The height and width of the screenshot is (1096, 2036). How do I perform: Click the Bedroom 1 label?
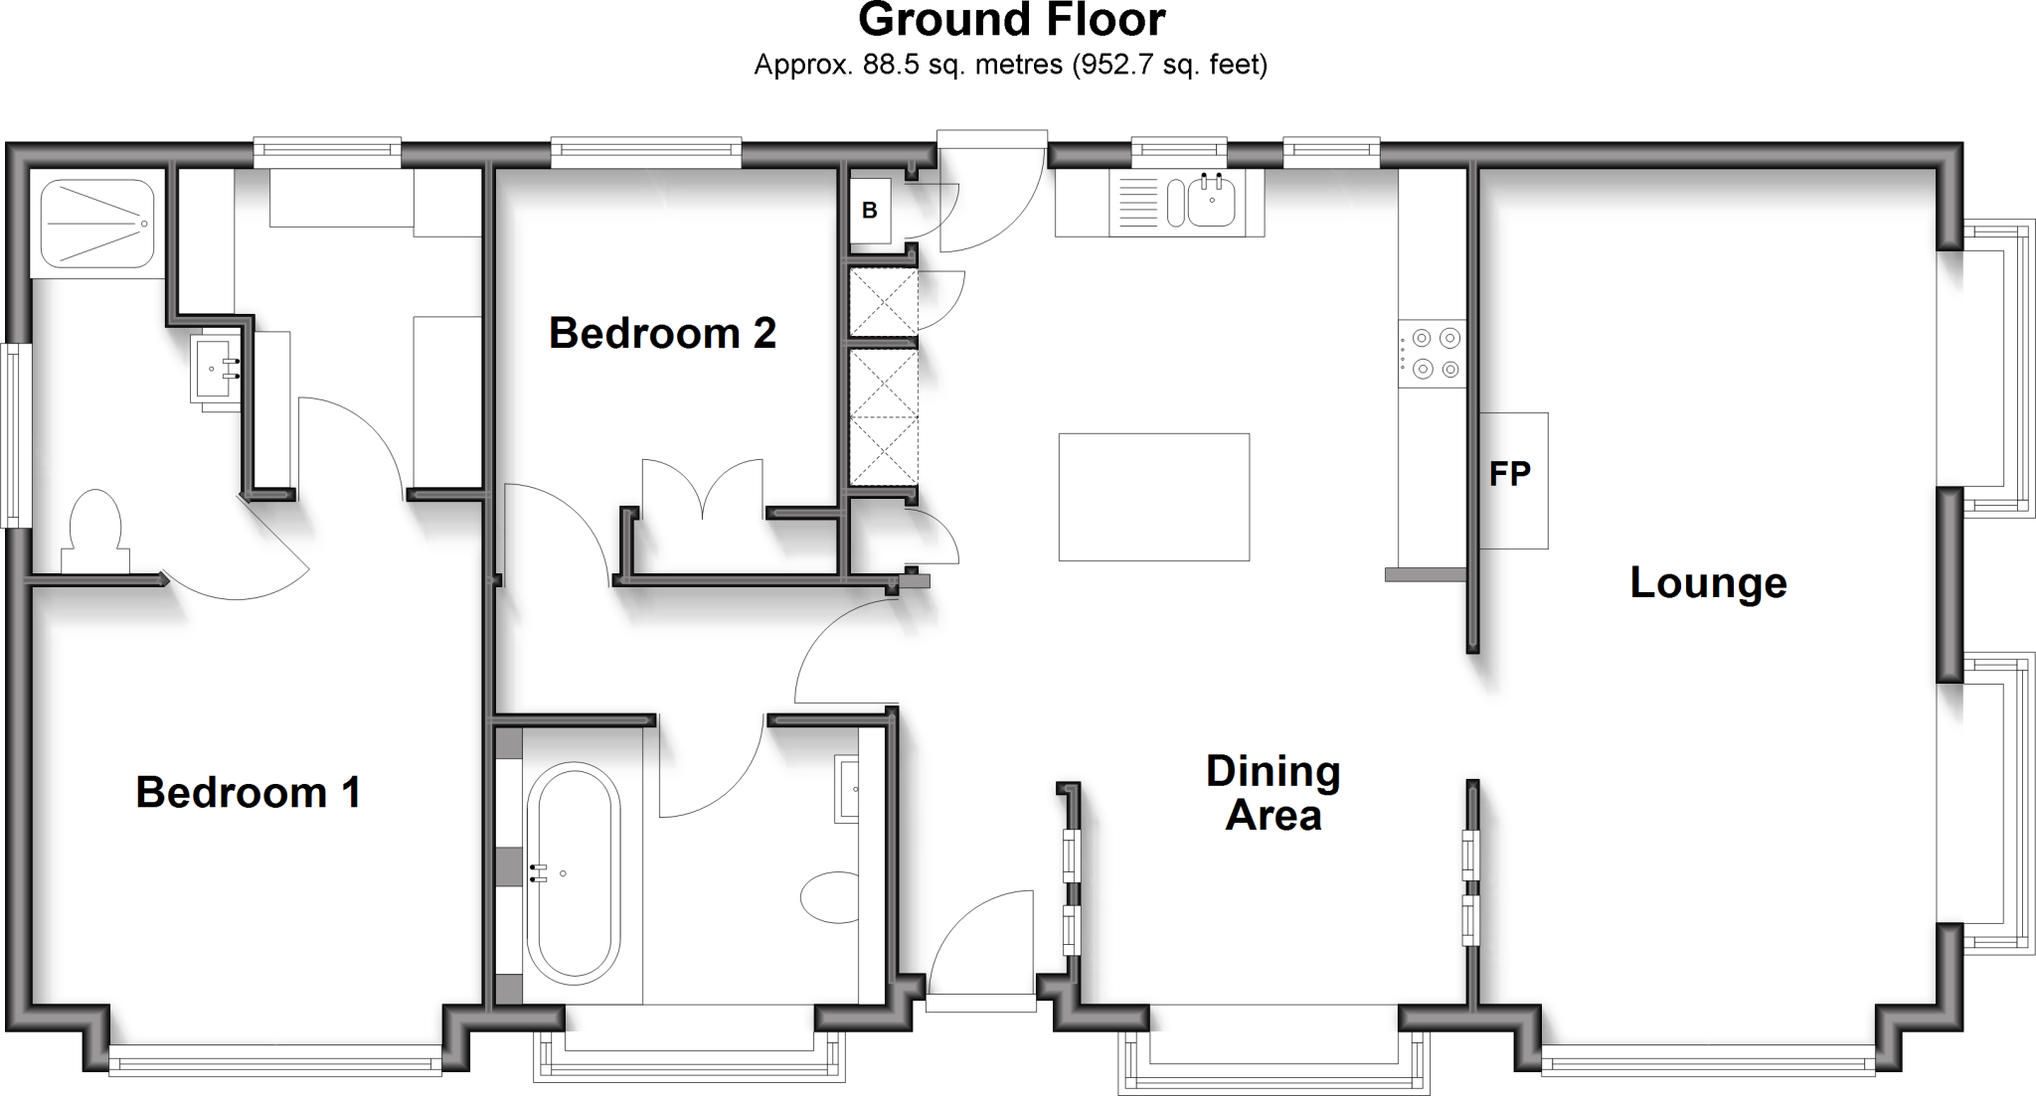point(248,793)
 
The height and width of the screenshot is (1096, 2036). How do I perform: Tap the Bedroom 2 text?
point(662,333)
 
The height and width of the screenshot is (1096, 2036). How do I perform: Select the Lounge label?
point(1708,582)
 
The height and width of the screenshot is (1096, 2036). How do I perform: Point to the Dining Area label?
point(1272,793)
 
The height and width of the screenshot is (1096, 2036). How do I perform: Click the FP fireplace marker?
point(1510,475)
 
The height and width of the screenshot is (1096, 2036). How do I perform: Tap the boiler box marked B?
point(870,211)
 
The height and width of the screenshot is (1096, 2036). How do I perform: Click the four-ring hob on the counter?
point(1432,354)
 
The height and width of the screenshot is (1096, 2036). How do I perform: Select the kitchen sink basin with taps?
point(1211,202)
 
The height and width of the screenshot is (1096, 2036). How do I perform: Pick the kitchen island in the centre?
point(1153,497)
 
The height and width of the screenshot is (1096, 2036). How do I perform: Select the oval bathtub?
point(572,872)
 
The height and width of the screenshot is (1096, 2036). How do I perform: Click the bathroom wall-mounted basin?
point(848,789)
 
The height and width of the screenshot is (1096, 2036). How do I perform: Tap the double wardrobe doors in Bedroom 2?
point(703,490)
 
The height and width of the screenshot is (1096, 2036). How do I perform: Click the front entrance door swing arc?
point(979,939)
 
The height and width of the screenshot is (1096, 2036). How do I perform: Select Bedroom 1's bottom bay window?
point(274,1060)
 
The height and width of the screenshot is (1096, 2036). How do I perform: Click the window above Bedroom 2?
point(646,150)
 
